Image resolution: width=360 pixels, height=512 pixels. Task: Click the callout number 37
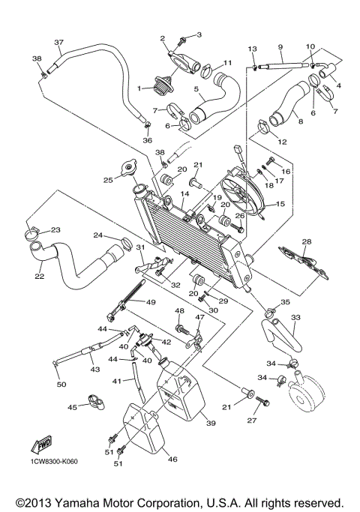[59, 41]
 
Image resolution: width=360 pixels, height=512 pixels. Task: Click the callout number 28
[306, 241]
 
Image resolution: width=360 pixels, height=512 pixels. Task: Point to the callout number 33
[295, 318]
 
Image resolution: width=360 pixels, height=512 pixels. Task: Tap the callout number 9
[280, 46]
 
